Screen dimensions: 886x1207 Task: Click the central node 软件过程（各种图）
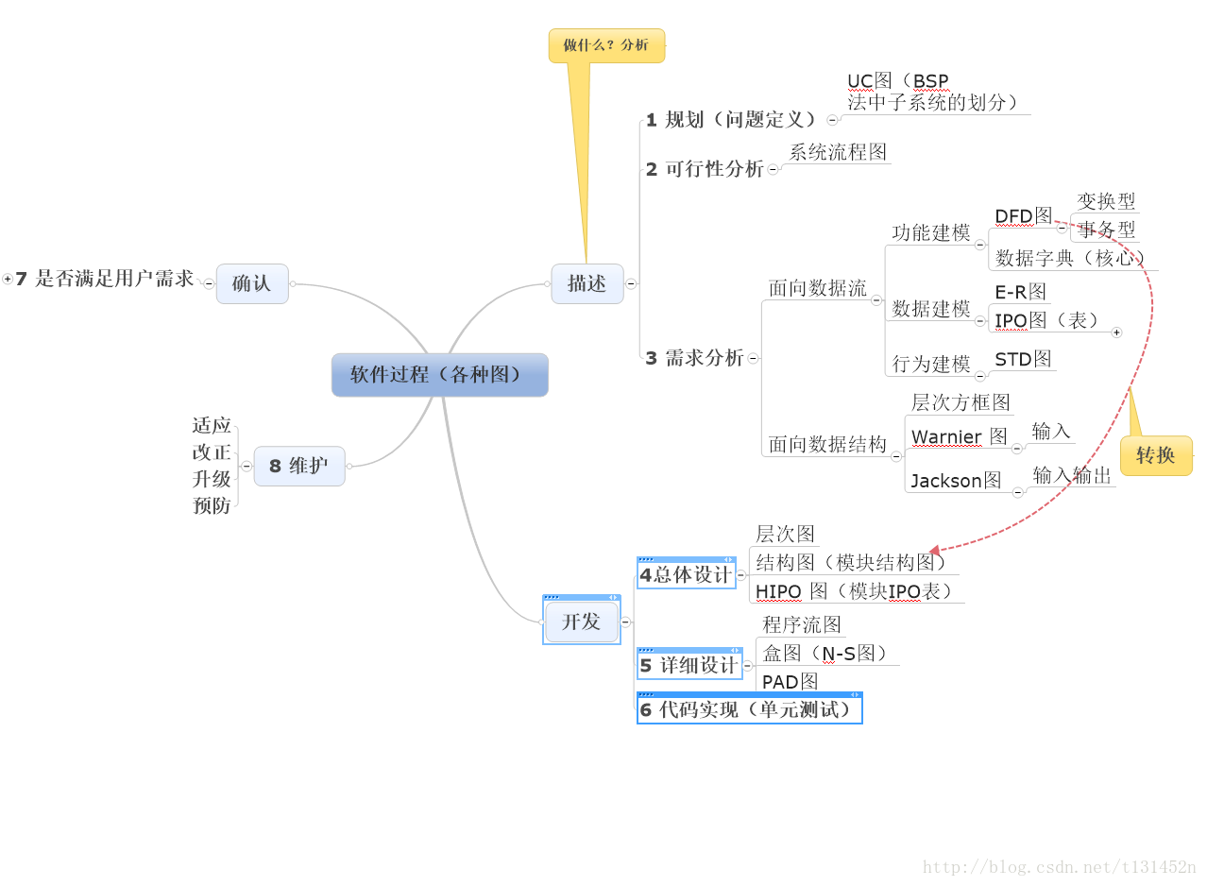(x=439, y=375)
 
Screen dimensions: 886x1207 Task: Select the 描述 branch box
(x=586, y=283)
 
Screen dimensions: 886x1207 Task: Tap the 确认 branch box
(x=251, y=283)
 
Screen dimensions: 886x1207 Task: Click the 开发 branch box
(x=581, y=622)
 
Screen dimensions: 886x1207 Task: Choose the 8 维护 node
(x=298, y=466)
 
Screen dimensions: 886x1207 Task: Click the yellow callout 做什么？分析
(x=606, y=45)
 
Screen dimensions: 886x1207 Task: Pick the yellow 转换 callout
(x=1155, y=455)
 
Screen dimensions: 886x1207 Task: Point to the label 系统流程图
(x=838, y=152)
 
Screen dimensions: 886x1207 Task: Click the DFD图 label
(x=1023, y=215)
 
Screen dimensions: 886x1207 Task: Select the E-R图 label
(x=1020, y=292)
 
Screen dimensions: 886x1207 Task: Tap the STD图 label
(x=1023, y=359)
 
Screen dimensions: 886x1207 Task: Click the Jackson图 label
(x=956, y=481)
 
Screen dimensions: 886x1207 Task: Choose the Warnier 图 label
(x=959, y=436)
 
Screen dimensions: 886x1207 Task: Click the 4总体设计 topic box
(x=686, y=574)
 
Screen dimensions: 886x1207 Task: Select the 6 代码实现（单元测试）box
(x=749, y=709)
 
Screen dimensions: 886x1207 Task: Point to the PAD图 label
(x=790, y=681)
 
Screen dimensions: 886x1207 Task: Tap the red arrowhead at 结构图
(x=935, y=550)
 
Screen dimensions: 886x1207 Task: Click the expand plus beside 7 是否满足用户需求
(x=8, y=279)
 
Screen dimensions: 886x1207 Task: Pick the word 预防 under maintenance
(x=212, y=505)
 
